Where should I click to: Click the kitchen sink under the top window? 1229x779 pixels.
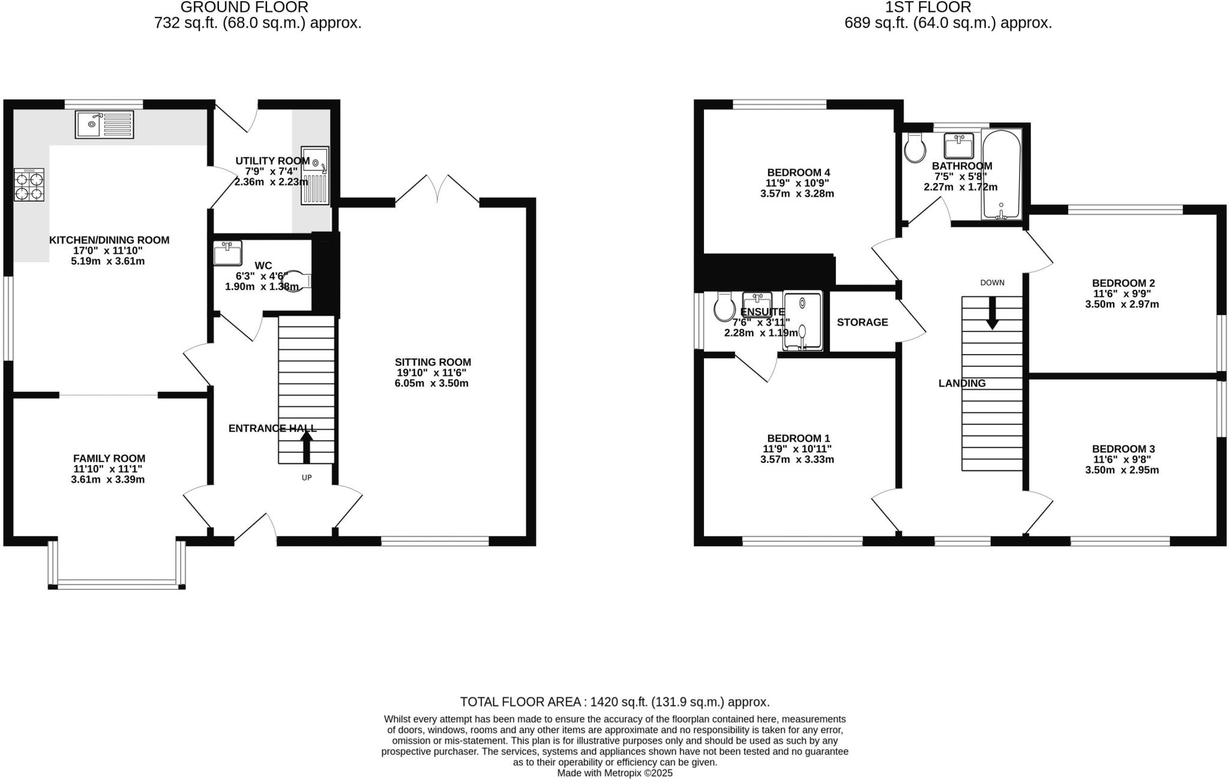[x=104, y=125]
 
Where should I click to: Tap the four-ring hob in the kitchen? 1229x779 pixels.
[x=29, y=184]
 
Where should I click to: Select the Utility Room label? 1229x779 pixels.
[x=272, y=161]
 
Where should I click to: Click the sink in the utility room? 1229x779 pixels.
[x=316, y=175]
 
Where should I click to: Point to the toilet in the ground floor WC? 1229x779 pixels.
[x=298, y=280]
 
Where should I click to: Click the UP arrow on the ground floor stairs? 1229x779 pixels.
[x=307, y=447]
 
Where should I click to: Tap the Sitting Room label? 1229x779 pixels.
[x=433, y=362]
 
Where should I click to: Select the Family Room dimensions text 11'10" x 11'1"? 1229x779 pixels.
[x=108, y=469]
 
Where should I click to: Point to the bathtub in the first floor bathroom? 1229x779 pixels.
[x=1001, y=174]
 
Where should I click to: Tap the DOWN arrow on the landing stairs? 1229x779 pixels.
[x=993, y=313]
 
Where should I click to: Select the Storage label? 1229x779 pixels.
[x=862, y=322]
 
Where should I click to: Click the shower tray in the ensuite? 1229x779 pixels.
[x=802, y=321]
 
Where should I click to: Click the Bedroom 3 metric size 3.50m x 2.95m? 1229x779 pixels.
[x=1122, y=470]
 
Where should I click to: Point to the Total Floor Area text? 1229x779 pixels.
[x=614, y=702]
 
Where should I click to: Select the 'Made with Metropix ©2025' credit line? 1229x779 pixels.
[x=614, y=773]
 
